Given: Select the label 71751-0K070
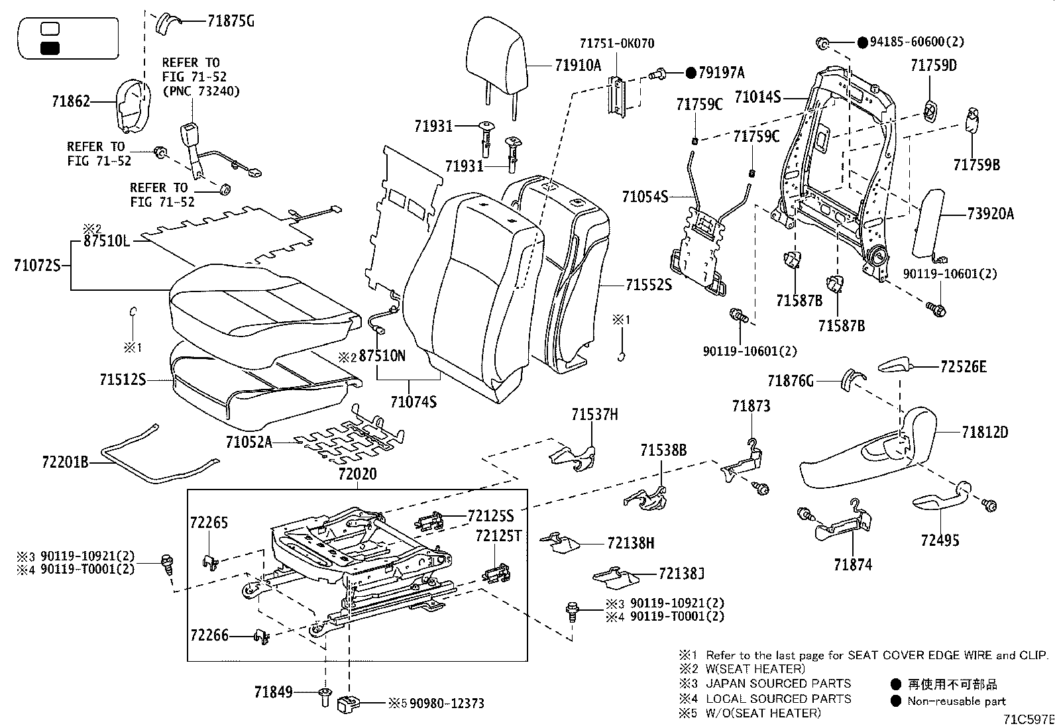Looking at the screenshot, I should click(x=616, y=44).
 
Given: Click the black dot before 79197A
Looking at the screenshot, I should click(x=690, y=73).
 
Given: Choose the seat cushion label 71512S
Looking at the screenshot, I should click(x=123, y=380).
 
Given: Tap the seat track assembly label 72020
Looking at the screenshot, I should click(x=357, y=474).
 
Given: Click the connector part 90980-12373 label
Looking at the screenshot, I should click(x=446, y=703).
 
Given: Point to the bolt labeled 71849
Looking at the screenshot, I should click(x=325, y=695).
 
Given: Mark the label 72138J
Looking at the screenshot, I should click(x=681, y=573).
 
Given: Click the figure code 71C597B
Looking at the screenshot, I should click(x=1028, y=719).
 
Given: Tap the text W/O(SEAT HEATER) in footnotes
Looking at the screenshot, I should click(x=763, y=713).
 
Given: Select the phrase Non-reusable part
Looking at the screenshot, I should click(x=956, y=701).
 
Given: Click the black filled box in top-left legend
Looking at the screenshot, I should click(x=50, y=48).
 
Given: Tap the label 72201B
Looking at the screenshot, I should click(x=64, y=461).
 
